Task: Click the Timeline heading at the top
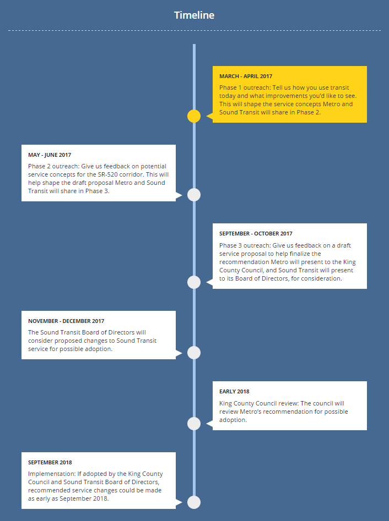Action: (x=194, y=15)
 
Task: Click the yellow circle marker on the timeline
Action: (x=194, y=116)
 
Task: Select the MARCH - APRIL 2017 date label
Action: (x=246, y=76)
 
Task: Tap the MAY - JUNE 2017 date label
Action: (x=50, y=155)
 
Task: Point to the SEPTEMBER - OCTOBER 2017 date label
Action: (x=256, y=234)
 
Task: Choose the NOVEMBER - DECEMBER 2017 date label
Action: (x=66, y=321)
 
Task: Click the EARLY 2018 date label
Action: (x=234, y=391)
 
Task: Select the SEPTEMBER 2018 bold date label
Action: (x=50, y=463)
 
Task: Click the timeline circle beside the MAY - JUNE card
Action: (x=194, y=195)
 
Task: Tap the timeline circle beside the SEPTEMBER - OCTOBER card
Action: (x=194, y=282)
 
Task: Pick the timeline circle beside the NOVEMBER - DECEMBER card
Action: (x=194, y=353)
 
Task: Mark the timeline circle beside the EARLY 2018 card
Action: (x=194, y=424)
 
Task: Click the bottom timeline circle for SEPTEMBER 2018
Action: (x=194, y=502)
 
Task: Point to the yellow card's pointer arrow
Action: (x=209, y=116)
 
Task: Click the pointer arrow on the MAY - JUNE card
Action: (x=179, y=195)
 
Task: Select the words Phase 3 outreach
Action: (x=245, y=245)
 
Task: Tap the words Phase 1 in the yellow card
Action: (x=230, y=87)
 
